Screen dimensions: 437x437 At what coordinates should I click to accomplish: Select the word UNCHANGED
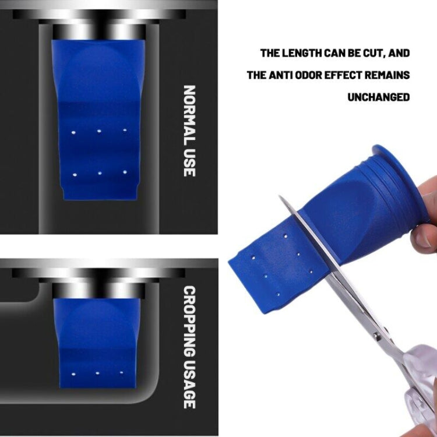(379, 97)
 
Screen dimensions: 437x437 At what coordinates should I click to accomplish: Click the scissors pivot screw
(377, 336)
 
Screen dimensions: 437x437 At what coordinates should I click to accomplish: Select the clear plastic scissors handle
(420, 390)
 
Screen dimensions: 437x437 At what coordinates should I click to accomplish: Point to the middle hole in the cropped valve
(97, 373)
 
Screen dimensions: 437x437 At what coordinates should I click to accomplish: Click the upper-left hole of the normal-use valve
(73, 132)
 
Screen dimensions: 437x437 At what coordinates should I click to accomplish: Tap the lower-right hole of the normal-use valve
(125, 172)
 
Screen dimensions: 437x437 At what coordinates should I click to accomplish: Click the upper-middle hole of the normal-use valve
(99, 131)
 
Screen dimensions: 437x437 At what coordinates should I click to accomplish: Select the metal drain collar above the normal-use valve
(99, 32)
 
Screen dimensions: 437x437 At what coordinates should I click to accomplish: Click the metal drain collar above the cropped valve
(99, 290)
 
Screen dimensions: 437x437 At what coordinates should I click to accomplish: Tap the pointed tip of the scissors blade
(279, 196)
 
